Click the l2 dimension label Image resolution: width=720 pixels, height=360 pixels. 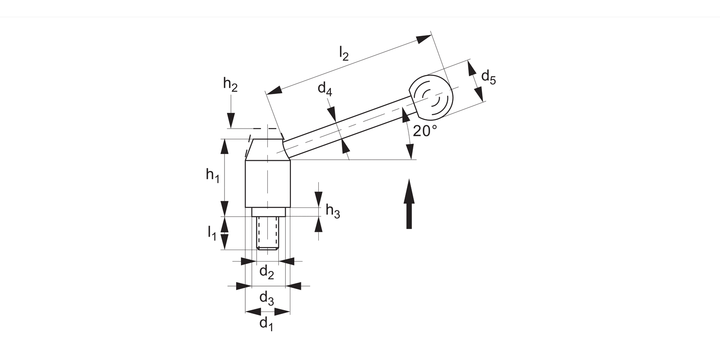point(344,54)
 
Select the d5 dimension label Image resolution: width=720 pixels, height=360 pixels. point(489,78)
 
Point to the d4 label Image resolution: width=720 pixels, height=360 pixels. point(324,89)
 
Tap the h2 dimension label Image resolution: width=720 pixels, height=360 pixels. point(230,84)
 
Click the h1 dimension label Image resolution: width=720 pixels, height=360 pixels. point(213,176)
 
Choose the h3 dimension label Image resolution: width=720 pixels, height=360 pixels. point(333,212)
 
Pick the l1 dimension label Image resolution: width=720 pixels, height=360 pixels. point(212,233)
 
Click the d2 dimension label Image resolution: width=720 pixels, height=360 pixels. point(266,272)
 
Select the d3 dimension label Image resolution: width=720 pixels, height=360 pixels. point(266,299)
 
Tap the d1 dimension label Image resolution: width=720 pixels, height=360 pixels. point(266,324)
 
